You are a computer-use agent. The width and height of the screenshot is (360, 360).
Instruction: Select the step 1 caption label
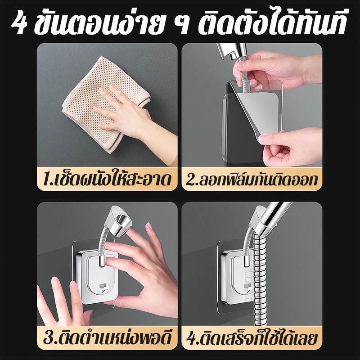pos(107,179)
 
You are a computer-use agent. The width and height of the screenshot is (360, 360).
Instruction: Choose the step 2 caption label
pos(252,179)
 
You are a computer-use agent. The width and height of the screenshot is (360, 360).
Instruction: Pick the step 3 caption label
pos(107,338)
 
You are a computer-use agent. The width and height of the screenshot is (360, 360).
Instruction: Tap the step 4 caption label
pos(252,338)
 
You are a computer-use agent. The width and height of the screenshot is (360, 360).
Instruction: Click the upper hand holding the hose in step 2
pos(275,69)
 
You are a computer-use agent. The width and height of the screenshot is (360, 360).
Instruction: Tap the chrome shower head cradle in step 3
pos(121,221)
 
